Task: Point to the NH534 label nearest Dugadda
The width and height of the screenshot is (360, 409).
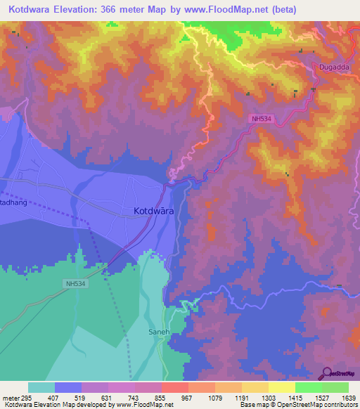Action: [261, 119]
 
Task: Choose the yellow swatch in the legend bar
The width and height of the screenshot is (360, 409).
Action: [281, 387]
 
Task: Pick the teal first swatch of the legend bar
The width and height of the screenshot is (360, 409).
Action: [41, 387]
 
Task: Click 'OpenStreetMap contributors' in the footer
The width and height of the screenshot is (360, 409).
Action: [320, 405]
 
